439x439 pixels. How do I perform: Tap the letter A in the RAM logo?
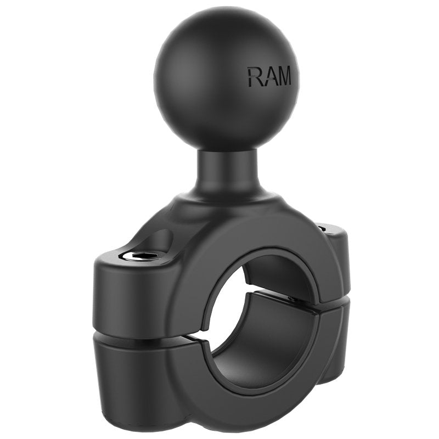pos(270,77)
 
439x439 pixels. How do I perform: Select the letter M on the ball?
pos(285,77)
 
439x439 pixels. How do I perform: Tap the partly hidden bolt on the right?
pos(322,226)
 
